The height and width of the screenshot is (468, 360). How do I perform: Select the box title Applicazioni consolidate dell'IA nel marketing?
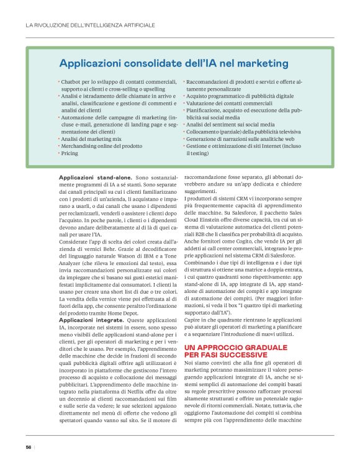[x=173, y=63]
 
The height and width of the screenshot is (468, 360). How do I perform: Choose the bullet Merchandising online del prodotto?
[x=98, y=146]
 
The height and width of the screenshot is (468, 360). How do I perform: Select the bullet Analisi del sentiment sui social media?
[x=230, y=124]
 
